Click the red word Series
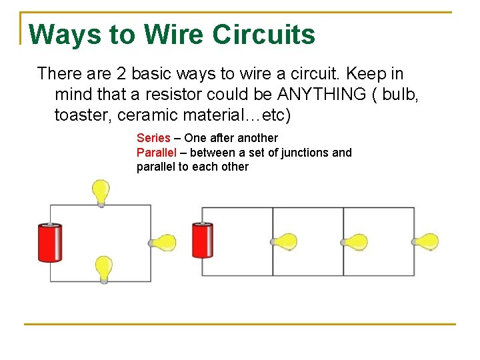(x=153, y=138)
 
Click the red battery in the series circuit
(x=50, y=243)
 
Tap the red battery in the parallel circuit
(x=203, y=241)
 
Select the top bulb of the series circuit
(x=101, y=192)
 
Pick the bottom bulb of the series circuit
(x=103, y=269)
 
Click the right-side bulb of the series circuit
(x=163, y=243)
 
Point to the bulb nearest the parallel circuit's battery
(x=285, y=241)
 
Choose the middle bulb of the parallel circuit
(x=355, y=241)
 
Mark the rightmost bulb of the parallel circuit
(x=426, y=241)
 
